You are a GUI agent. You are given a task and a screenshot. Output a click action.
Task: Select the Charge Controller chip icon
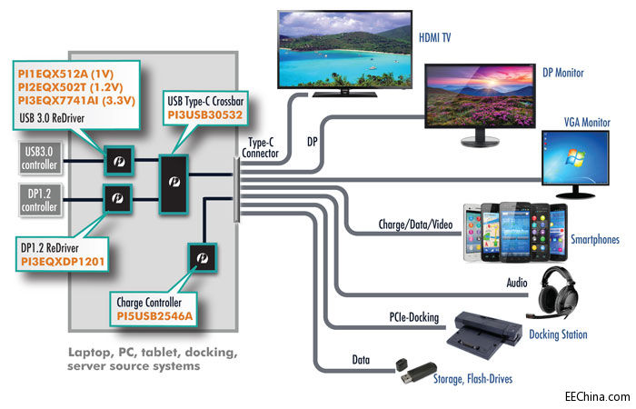click(x=199, y=260)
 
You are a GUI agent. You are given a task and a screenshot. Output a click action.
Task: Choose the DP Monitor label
click(x=563, y=73)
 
